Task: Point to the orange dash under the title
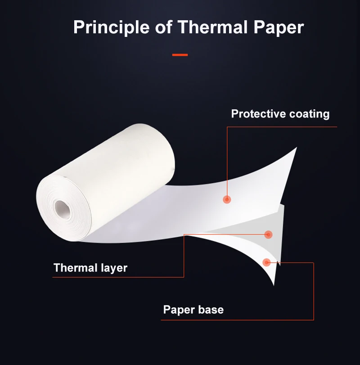pyautogui.click(x=180, y=55)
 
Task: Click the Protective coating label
pyautogui.click(x=280, y=114)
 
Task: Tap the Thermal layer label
pyautogui.click(x=90, y=268)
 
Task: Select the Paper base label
pyautogui.click(x=193, y=310)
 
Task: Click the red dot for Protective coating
pyautogui.click(x=227, y=199)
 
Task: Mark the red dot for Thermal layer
pyautogui.click(x=268, y=234)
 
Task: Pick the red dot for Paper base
pyautogui.click(x=266, y=261)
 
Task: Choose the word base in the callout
pyautogui.click(x=211, y=310)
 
